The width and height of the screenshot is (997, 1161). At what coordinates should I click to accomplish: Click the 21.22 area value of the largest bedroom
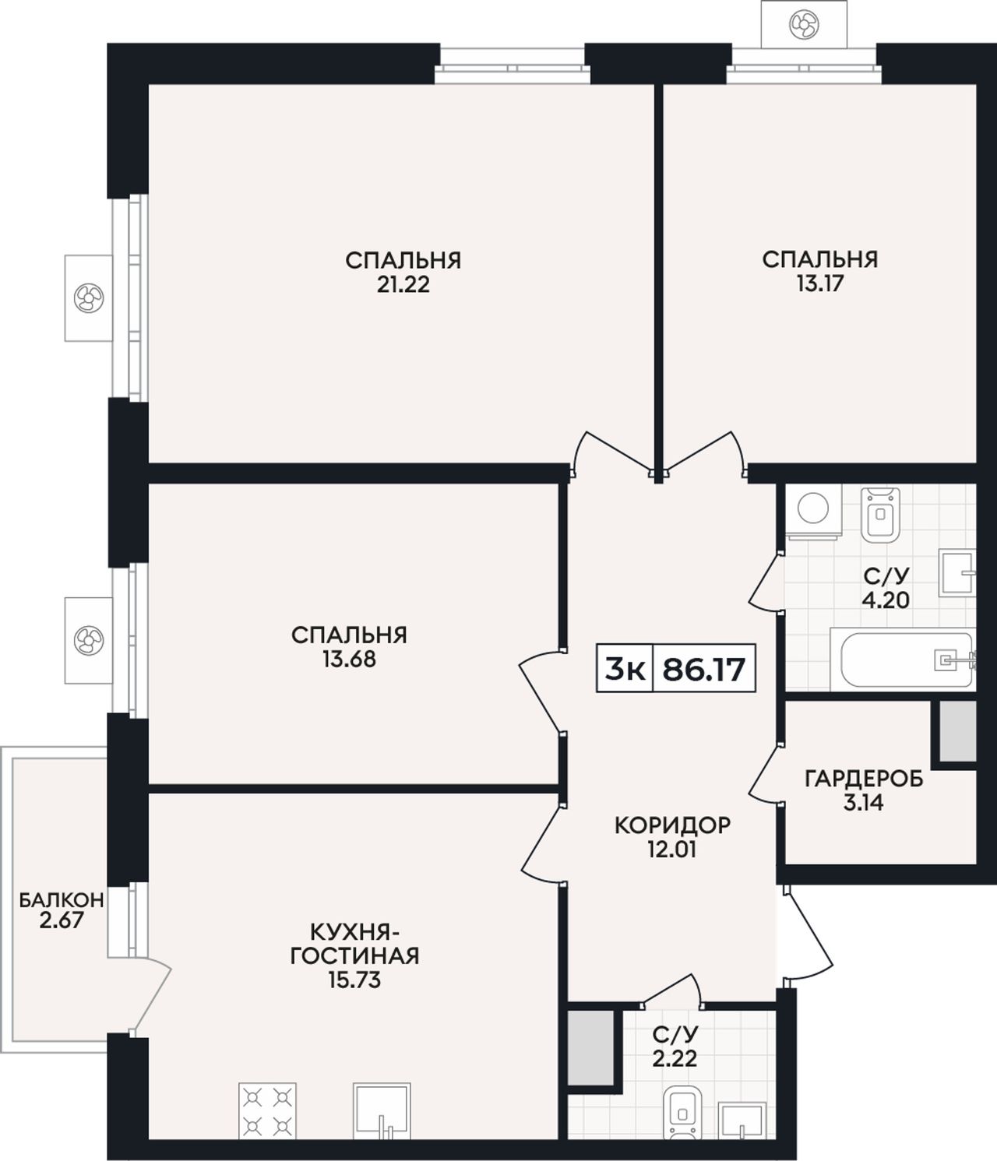pyautogui.click(x=403, y=285)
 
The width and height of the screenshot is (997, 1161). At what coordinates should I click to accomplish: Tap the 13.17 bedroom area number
pyautogui.click(x=820, y=284)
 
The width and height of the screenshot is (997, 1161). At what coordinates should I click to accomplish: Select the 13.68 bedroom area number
pyautogui.click(x=349, y=660)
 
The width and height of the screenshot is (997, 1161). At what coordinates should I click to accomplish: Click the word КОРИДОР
pyautogui.click(x=672, y=825)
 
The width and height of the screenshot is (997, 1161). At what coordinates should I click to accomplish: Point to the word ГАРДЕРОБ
pyautogui.click(x=864, y=779)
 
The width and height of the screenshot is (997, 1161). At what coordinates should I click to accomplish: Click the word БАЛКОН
pyautogui.click(x=62, y=900)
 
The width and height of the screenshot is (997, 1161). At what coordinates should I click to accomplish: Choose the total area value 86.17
pyautogui.click(x=703, y=669)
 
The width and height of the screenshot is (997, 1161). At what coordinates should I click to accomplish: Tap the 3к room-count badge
pyautogui.click(x=625, y=669)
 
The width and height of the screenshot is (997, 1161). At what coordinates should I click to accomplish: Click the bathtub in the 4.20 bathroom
pyautogui.click(x=904, y=659)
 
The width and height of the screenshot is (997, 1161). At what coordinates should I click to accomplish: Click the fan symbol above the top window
pyautogui.click(x=804, y=23)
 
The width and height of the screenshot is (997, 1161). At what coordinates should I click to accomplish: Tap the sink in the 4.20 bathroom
pyautogui.click(x=957, y=573)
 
